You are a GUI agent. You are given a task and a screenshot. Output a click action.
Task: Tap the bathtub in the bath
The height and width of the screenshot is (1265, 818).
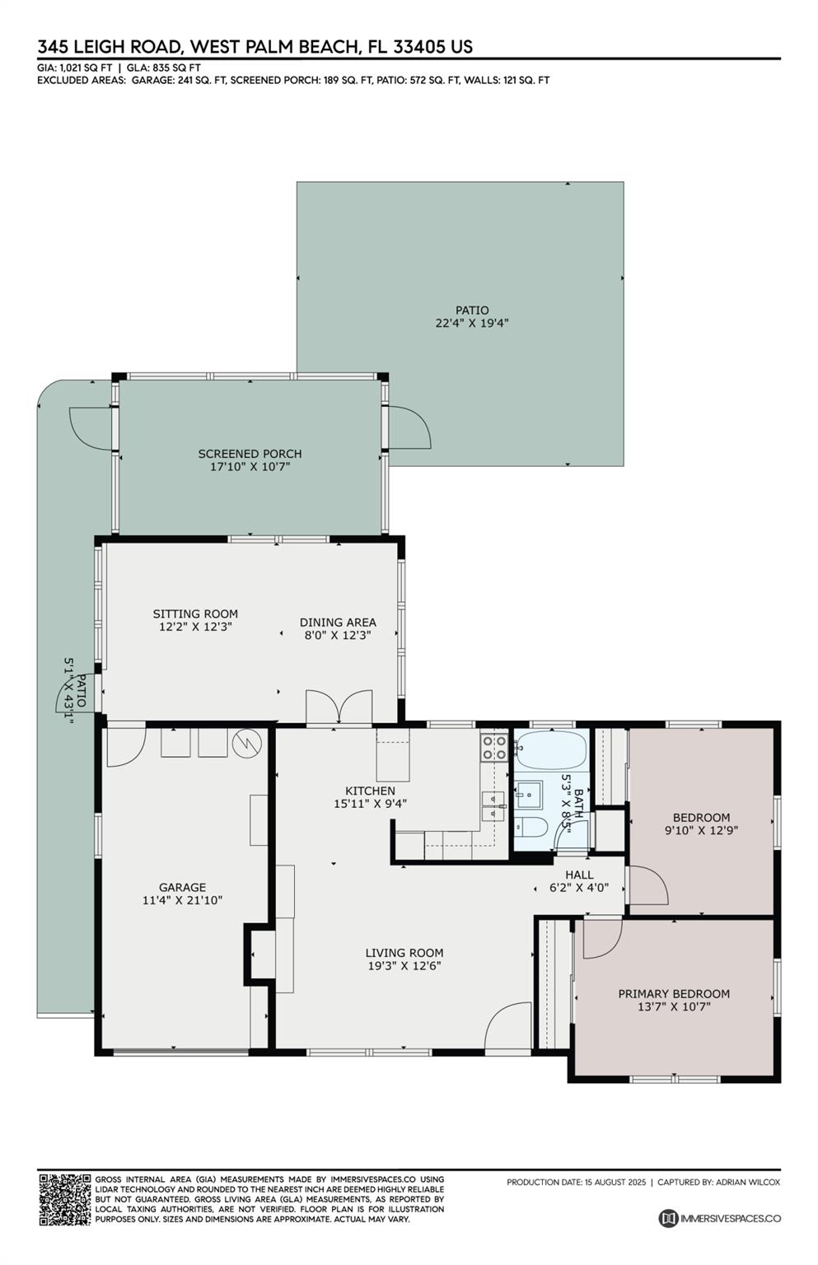551,750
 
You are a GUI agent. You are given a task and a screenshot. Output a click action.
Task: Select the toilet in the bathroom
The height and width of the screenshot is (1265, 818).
531,828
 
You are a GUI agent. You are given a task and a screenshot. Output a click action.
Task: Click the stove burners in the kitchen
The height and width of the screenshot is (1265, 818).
493,748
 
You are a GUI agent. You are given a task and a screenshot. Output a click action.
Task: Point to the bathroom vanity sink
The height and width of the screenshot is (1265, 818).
528,795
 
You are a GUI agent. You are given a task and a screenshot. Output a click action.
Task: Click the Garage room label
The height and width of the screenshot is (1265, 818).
182,887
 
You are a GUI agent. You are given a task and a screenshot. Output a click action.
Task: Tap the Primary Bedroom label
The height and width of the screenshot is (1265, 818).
674,993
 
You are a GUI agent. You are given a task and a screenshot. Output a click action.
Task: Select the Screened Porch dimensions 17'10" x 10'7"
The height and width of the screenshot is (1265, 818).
250,466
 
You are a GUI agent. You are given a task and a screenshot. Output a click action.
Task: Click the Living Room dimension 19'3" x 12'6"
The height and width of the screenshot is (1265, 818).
404,966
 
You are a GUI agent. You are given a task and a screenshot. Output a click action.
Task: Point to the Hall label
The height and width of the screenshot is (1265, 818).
579,875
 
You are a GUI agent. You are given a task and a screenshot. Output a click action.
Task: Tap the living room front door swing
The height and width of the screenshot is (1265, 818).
508,1027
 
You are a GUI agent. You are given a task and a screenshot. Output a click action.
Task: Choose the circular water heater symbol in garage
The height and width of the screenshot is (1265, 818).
247,744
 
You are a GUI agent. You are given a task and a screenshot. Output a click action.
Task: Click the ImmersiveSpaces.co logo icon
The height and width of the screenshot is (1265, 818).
668,1218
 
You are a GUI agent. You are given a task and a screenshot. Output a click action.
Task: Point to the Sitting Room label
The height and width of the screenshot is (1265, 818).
195,614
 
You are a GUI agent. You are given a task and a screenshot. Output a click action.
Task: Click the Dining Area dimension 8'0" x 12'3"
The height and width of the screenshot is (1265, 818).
337,635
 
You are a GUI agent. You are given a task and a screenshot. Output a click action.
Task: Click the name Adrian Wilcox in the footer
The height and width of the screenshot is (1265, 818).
747,1182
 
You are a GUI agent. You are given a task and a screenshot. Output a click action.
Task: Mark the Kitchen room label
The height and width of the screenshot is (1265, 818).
370,791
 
